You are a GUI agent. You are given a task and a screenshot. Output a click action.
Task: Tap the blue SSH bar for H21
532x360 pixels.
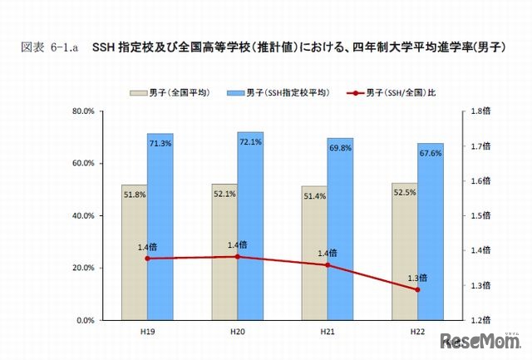tap(340, 229)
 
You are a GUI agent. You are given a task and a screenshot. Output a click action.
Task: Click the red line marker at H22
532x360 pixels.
tap(417, 289)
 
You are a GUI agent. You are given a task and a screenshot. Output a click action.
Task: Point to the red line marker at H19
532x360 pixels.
tap(147, 259)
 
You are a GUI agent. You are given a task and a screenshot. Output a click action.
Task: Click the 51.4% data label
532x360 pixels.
tap(314, 196)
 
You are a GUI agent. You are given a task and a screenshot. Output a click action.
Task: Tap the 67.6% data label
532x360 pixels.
tap(431, 154)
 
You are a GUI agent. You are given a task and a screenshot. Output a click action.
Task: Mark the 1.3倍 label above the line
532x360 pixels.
tap(417, 278)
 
